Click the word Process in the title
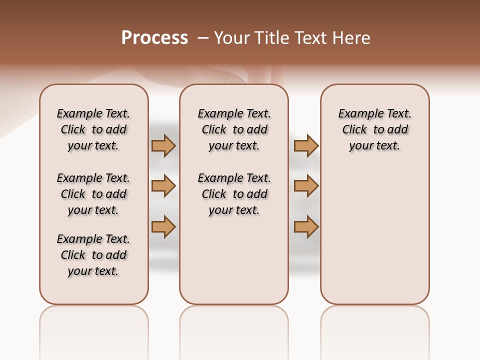click(x=154, y=38)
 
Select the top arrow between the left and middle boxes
click(x=163, y=145)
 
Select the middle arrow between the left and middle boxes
click(x=163, y=186)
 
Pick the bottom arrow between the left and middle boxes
click(x=163, y=226)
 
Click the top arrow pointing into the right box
click(x=306, y=145)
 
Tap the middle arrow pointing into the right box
click(x=306, y=186)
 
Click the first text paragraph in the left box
click(x=93, y=129)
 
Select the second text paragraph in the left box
click(x=93, y=194)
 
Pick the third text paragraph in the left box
click(x=93, y=255)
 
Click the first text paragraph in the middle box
click(x=234, y=129)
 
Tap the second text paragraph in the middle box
click(x=234, y=194)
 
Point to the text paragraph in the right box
click(x=374, y=129)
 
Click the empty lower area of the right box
click(x=374, y=235)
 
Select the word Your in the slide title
click(x=231, y=38)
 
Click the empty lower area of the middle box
click(x=234, y=260)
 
